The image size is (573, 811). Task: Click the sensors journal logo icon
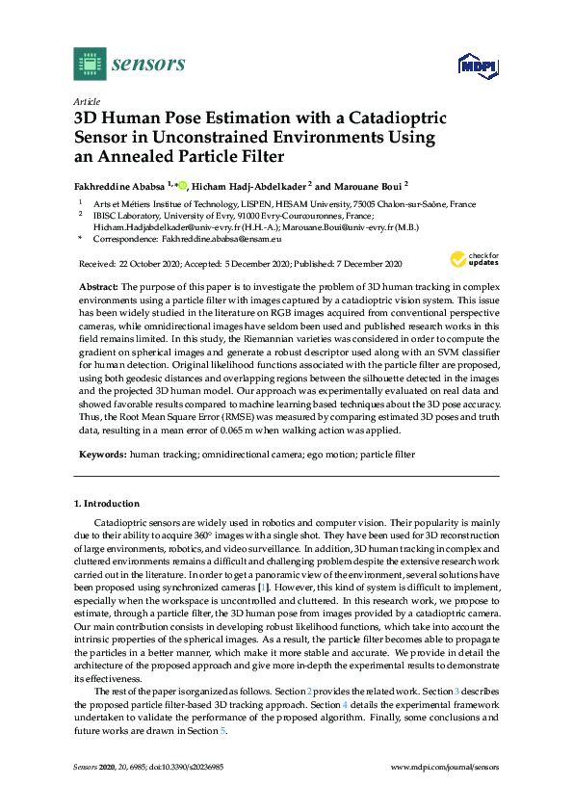pos(90,64)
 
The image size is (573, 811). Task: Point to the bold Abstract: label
pos(98,287)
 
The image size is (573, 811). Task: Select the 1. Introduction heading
pos(107,503)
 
